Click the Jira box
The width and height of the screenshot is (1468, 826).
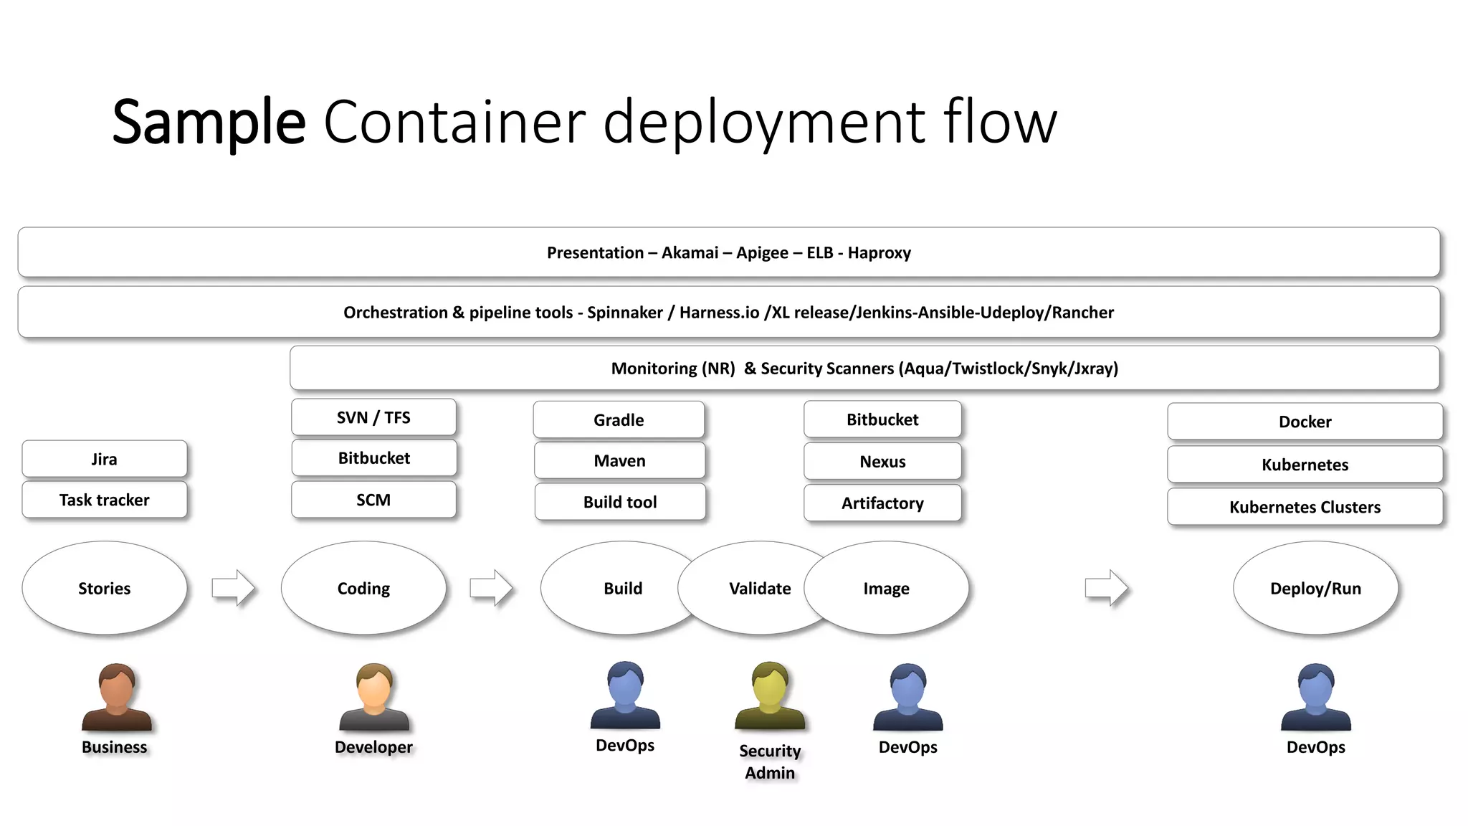point(105,459)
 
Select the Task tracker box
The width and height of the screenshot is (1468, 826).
point(105,500)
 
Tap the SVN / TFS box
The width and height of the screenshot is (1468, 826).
point(373,417)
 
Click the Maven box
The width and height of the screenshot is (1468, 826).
point(619,461)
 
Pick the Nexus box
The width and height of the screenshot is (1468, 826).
point(882,462)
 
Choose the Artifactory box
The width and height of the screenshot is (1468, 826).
point(882,503)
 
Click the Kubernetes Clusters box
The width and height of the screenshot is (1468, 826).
point(1305,507)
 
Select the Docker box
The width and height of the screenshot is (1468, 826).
point(1305,422)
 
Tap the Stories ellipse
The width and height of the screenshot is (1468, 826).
point(105,588)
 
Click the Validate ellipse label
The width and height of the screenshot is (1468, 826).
point(760,589)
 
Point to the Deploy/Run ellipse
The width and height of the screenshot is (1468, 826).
point(1315,588)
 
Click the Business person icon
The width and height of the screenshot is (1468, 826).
point(116,697)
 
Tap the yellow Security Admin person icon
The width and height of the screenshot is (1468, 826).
point(770,696)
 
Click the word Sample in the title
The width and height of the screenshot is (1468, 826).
point(209,122)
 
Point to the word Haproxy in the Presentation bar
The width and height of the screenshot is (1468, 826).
point(879,253)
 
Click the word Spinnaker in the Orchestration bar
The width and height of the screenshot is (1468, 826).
point(624,313)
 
